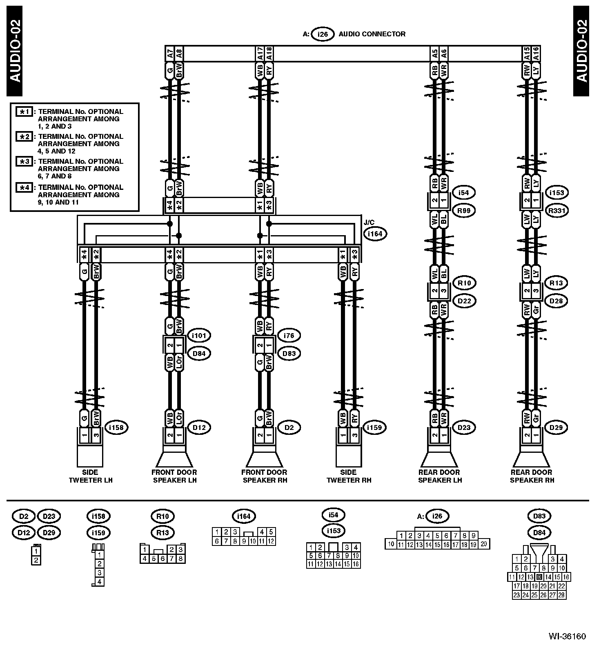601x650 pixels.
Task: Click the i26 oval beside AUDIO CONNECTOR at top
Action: pyautogui.click(x=323, y=34)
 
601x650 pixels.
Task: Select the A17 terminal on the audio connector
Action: pyautogui.click(x=260, y=53)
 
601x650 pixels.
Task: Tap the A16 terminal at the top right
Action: pyautogui.click(x=536, y=53)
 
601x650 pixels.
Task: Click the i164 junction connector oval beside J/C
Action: pyautogui.click(x=375, y=234)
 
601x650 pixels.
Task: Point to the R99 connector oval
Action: pyautogui.click(x=464, y=211)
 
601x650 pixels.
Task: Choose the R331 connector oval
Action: pyautogui.click(x=557, y=211)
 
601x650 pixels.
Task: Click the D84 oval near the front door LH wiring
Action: pyautogui.click(x=198, y=354)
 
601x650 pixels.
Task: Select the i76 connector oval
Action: pyautogui.click(x=289, y=336)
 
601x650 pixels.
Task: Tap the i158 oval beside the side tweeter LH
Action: pyautogui.click(x=117, y=427)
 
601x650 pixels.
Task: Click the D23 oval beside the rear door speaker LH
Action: pyautogui.click(x=464, y=427)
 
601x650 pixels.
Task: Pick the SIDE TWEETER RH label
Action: pyautogui.click(x=349, y=476)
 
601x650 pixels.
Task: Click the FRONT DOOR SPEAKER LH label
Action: pyautogui.click(x=175, y=476)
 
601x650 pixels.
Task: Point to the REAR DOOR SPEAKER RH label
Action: pyautogui.click(x=532, y=476)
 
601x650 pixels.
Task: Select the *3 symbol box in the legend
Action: pyautogui.click(x=24, y=162)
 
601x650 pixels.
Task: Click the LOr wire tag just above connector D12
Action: pyautogui.click(x=179, y=418)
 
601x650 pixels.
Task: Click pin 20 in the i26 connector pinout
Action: pyautogui.click(x=484, y=543)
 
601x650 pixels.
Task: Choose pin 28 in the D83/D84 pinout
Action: pyautogui.click(x=561, y=595)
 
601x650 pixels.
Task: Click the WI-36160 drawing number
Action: pyautogui.click(x=567, y=636)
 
